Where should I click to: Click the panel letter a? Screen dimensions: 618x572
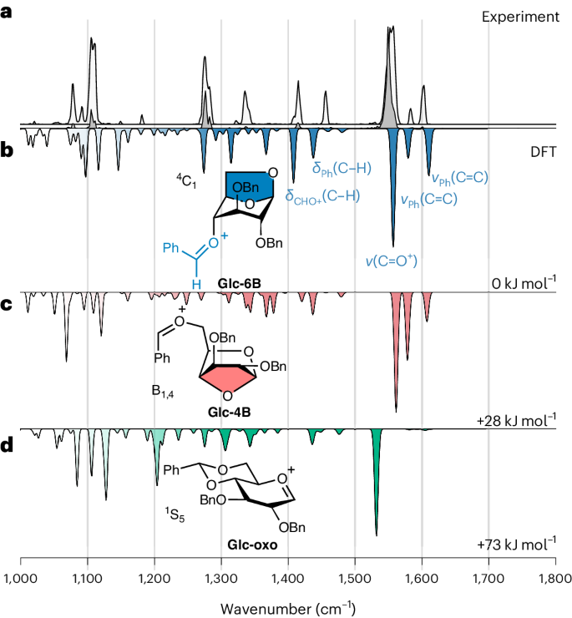pyautogui.click(x=7, y=14)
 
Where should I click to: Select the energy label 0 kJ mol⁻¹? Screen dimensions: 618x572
pyautogui.click(x=523, y=284)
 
